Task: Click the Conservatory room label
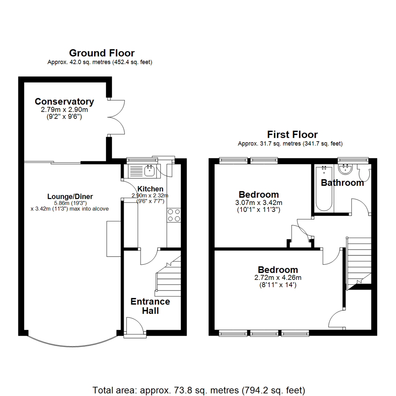[x=64, y=102]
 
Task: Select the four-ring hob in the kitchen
[x=174, y=215]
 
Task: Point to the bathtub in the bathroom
[x=323, y=188]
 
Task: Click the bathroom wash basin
[x=345, y=169]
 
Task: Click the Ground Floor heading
[x=102, y=53]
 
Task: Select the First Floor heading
[x=292, y=134]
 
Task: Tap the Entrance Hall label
[x=150, y=306]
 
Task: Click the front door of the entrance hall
[x=134, y=326]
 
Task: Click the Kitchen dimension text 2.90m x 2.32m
[x=150, y=195]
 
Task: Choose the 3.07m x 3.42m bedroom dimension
[x=258, y=202]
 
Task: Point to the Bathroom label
[x=342, y=183]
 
